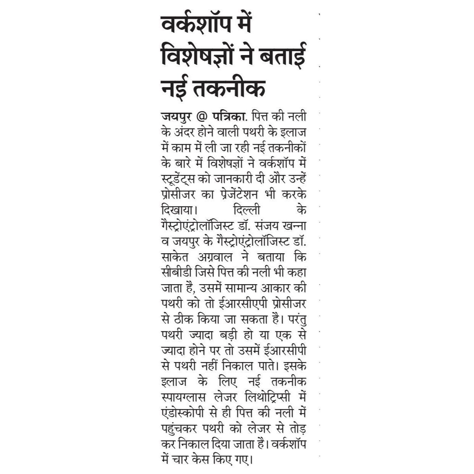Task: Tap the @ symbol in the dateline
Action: click(x=201, y=116)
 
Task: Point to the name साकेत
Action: click(x=176, y=257)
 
